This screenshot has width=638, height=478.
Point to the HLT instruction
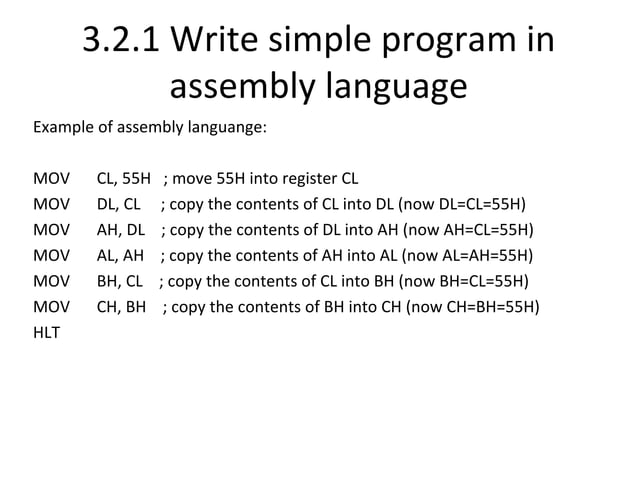46,331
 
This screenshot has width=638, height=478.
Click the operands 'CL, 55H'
123,180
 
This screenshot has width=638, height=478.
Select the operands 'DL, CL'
119,205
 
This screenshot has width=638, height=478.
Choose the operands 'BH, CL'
120,280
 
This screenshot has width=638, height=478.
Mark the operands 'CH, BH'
121,305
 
